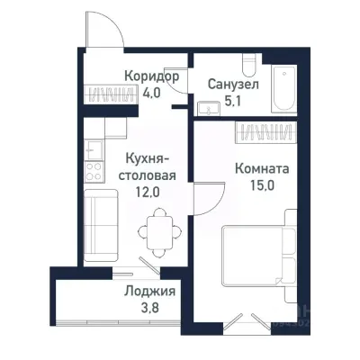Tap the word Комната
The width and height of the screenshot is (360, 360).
pos(261,167)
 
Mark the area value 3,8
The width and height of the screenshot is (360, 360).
pos(149,309)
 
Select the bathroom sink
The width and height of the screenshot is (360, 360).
pos(211,109)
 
